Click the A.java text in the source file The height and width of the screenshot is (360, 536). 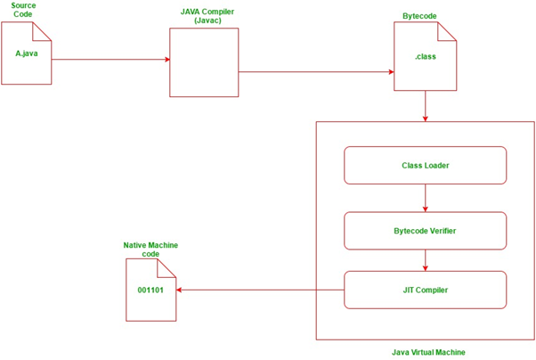point(27,53)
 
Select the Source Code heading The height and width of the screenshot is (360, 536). point(23,10)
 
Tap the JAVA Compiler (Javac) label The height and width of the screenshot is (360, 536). point(204,15)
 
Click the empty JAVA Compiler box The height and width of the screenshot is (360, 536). point(204,62)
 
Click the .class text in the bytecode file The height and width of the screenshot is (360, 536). point(425,57)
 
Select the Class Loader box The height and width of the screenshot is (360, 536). point(425,166)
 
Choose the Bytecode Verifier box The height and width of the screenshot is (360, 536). point(425,231)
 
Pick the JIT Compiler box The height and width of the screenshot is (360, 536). point(425,290)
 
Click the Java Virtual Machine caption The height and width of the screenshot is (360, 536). point(427,352)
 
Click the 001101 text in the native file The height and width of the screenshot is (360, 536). point(150,290)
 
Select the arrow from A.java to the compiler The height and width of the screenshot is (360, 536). point(111,60)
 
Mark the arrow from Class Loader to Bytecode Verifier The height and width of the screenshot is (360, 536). point(426,198)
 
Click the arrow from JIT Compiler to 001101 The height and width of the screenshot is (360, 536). point(258,290)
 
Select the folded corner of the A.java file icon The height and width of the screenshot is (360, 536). point(44,30)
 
